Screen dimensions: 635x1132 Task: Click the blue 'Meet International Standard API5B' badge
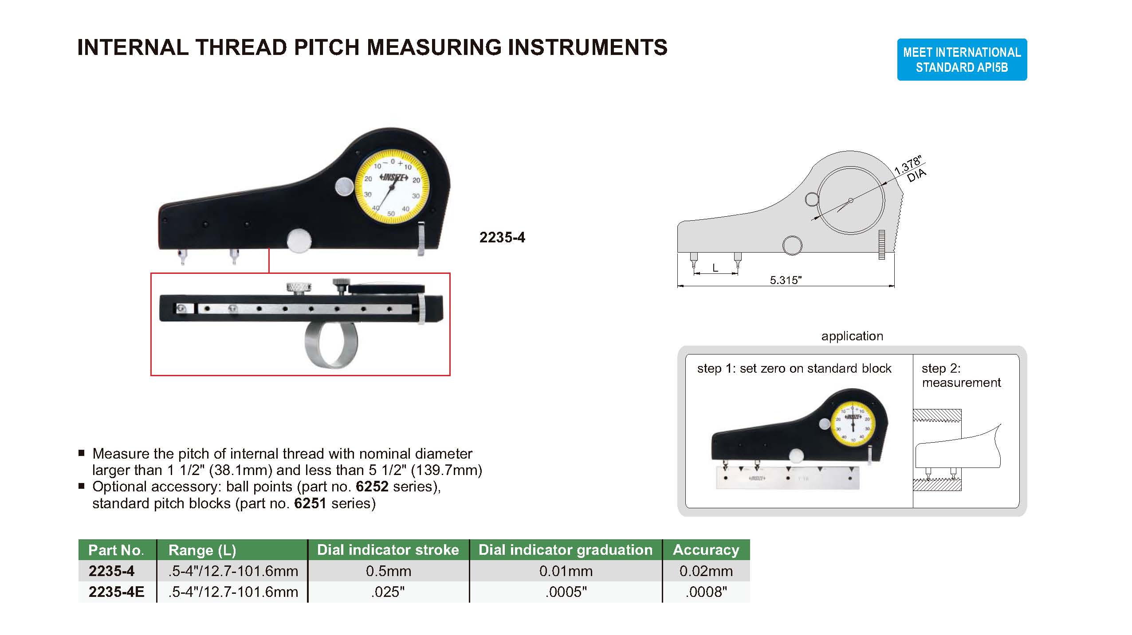coord(962,59)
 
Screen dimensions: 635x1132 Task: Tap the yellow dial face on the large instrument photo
coord(392,188)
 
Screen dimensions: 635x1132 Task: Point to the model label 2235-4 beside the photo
coord(502,238)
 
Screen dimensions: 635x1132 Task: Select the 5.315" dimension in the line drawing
coord(786,280)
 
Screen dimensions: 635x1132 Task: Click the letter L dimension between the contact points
coord(715,268)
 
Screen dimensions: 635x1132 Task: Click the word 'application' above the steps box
coord(852,336)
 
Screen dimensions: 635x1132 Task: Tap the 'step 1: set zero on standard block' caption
coord(794,369)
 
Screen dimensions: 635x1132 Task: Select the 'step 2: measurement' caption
coord(961,375)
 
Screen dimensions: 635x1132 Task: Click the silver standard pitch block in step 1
coord(787,479)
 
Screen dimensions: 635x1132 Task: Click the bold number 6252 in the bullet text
coord(372,487)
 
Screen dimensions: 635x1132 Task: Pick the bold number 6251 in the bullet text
coord(310,503)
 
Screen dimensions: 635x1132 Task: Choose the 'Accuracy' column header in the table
coord(706,550)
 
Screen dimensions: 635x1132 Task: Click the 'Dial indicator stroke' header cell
coord(388,550)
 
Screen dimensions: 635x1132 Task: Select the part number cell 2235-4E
coord(117,592)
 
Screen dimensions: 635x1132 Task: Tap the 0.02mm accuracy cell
coord(706,571)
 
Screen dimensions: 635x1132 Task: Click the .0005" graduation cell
coord(566,592)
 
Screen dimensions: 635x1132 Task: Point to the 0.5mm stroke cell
coord(388,571)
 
